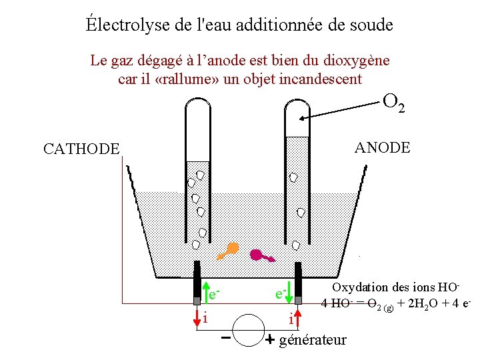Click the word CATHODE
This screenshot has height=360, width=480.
pyautogui.click(x=81, y=149)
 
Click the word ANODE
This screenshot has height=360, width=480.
pyautogui.click(x=383, y=147)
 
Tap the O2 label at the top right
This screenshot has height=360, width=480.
pyautogui.click(x=393, y=102)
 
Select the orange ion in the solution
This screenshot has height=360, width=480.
pyautogui.click(x=231, y=249)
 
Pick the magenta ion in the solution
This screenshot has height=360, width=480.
pyautogui.click(x=257, y=254)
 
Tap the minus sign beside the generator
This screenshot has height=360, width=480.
pyautogui.click(x=227, y=337)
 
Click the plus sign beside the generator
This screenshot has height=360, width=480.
pyautogui.click(x=269, y=339)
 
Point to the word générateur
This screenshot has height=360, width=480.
pyautogui.click(x=313, y=340)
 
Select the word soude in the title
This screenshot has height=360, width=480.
pyautogui.click(x=371, y=25)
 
